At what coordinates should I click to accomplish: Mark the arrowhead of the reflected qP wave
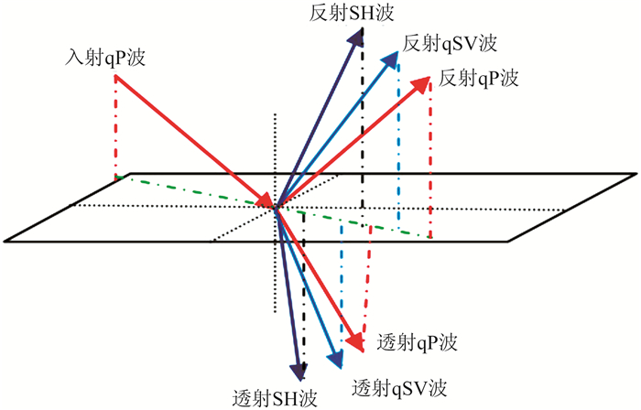click(x=429, y=81)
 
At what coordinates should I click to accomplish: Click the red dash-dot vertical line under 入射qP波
click(x=116, y=128)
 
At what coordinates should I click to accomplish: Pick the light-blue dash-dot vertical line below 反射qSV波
click(x=398, y=137)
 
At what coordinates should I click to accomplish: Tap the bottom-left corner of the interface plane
click(x=5, y=242)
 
